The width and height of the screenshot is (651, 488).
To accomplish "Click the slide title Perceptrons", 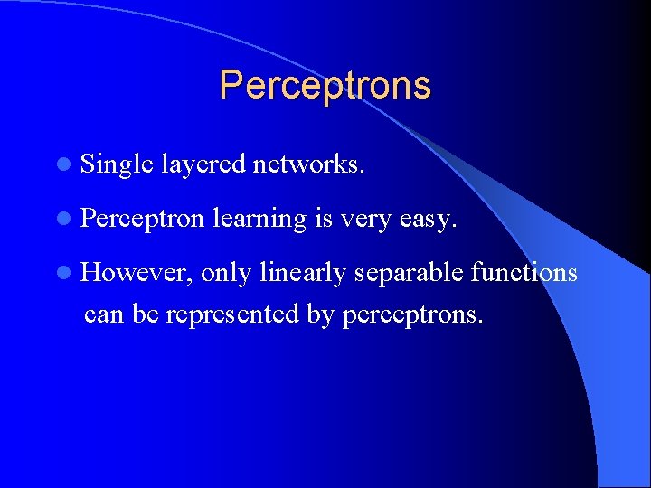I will pyautogui.click(x=325, y=85).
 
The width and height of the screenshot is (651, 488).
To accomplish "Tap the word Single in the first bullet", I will pyautogui.click(x=117, y=164).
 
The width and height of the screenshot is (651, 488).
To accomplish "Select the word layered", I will pyautogui.click(x=203, y=164).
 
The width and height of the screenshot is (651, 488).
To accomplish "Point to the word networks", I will pyautogui.click(x=309, y=164).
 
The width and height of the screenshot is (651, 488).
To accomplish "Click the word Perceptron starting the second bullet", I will pyautogui.click(x=143, y=218).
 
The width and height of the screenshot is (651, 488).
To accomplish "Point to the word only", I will pyautogui.click(x=226, y=273).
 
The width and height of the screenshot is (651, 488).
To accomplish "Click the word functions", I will pyautogui.click(x=524, y=272).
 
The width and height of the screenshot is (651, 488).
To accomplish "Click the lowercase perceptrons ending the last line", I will pyautogui.click(x=413, y=315).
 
